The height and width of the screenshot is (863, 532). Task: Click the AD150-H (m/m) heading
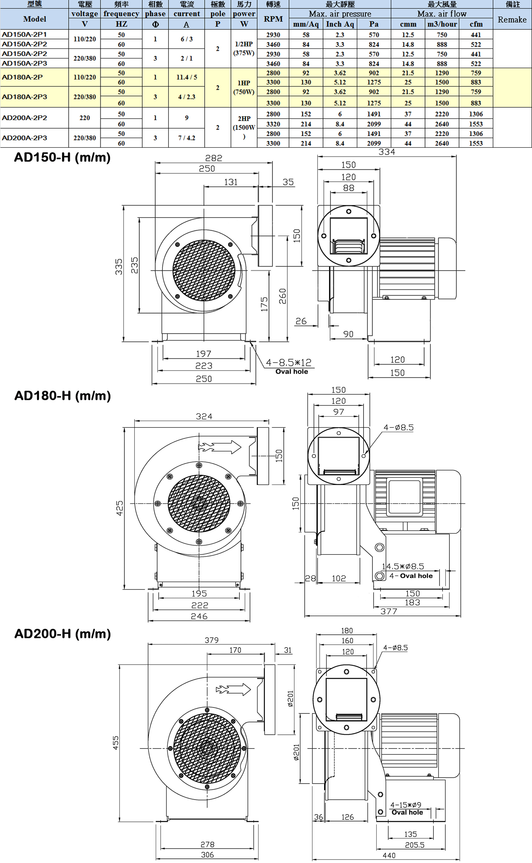click(62, 157)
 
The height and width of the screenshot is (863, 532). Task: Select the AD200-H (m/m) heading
click(62, 633)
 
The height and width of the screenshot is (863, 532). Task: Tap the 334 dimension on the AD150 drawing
click(387, 152)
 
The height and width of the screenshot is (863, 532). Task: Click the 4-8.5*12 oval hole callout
click(289, 362)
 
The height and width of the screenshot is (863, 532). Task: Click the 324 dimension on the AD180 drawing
click(204, 416)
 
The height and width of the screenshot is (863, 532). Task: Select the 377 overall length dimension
click(389, 611)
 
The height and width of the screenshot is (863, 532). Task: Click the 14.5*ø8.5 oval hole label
click(403, 566)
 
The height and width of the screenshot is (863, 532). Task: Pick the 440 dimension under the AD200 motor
click(389, 855)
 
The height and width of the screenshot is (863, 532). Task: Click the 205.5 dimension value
click(415, 845)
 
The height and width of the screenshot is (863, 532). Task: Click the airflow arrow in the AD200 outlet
click(233, 689)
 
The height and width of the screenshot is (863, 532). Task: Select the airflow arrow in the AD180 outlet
click(220, 447)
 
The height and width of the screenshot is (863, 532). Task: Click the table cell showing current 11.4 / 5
click(187, 77)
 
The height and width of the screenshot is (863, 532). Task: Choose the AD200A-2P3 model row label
click(24, 138)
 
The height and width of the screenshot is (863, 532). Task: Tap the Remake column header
click(512, 19)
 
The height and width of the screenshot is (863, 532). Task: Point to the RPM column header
click(273, 19)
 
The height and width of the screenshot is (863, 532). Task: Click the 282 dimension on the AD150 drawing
click(214, 158)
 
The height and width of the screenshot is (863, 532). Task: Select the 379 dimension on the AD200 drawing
click(211, 640)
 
